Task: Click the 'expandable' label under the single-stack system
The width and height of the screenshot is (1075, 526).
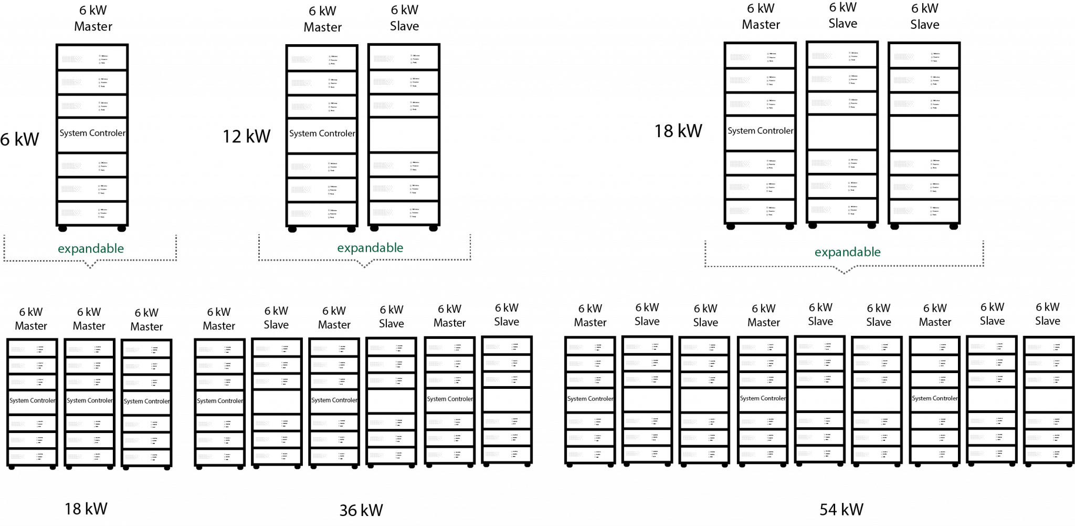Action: pos(91,249)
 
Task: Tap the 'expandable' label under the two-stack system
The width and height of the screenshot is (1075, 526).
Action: pos(370,247)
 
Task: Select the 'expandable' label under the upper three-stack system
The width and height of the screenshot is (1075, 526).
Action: pos(847,252)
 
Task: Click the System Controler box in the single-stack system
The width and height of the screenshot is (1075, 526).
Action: pos(92,133)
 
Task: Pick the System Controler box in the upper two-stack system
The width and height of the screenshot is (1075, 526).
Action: pos(322,134)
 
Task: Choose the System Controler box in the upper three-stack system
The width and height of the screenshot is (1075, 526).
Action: pos(760,131)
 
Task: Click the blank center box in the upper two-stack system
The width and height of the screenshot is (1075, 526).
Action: pos(404,135)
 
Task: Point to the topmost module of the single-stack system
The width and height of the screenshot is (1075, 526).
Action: pos(92,57)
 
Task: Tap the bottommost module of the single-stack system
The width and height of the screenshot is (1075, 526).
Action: pos(92,213)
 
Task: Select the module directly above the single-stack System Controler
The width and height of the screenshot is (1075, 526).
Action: pos(92,106)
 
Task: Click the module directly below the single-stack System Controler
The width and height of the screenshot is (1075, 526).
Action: pos(92,165)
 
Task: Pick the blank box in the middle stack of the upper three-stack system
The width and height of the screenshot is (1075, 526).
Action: pos(842,132)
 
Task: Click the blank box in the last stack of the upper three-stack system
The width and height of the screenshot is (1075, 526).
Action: pos(924,133)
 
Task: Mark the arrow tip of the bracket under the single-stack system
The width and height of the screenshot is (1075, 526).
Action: pos(90,267)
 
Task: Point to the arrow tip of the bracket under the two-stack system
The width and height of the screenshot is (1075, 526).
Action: pos(365,267)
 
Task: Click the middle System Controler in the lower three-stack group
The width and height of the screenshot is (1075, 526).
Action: pos(89,400)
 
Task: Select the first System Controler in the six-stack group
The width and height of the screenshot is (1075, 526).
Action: pos(219,401)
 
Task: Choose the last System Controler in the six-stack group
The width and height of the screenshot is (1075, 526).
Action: pos(449,399)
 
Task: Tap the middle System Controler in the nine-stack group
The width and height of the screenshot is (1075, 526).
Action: pos(762,398)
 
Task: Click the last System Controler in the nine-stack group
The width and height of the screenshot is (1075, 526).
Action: pos(934,398)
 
